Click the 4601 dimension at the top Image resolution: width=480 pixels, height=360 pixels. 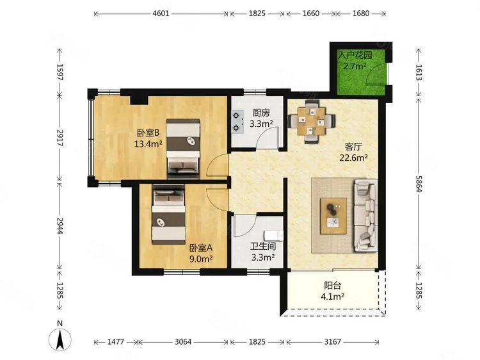coord(161,12)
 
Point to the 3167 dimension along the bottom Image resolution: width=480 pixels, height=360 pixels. coord(330,342)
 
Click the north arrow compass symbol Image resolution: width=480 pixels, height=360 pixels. coord(60,336)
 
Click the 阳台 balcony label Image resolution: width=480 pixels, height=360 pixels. coord(332,286)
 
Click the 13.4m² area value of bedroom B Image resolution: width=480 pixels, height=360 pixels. coord(147,144)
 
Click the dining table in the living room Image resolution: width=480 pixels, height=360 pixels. coord(311,120)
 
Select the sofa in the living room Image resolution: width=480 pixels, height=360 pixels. coord(366,214)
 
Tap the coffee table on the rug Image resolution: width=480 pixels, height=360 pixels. coord(333,214)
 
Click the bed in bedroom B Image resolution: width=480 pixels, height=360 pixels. coord(186,147)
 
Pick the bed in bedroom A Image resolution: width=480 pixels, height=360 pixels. coord(168,217)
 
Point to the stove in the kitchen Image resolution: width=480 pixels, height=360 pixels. coord(240,122)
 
